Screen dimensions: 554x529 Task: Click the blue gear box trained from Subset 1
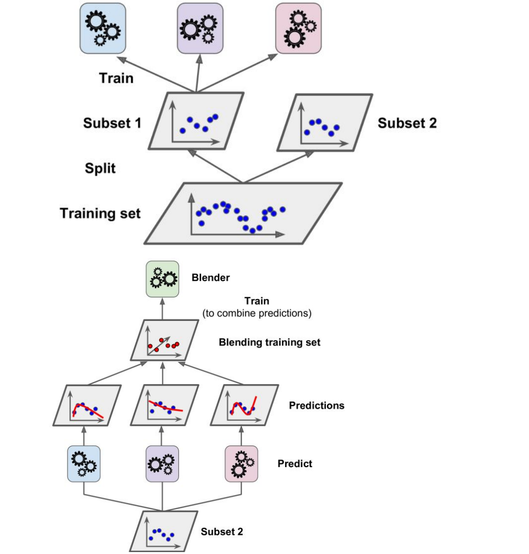point(103,28)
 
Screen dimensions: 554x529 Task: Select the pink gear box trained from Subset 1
point(298,28)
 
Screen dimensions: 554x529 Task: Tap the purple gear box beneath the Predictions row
point(162,464)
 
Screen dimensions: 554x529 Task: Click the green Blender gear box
point(163,279)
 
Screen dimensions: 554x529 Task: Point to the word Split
point(100,168)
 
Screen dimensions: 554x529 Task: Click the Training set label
point(100,213)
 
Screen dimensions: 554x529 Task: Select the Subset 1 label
point(112,123)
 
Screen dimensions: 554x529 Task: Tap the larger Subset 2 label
point(407,123)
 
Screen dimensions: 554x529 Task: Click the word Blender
point(211,277)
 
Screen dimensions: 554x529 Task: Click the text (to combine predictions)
point(257,313)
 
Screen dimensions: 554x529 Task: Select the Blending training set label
point(270,342)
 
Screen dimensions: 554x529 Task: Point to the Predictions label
point(316,405)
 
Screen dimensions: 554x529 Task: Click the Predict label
point(295,464)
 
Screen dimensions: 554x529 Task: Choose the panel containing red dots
point(164,341)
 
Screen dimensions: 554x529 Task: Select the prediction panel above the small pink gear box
point(244,405)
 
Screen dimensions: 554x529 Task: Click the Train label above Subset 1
point(116,78)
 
